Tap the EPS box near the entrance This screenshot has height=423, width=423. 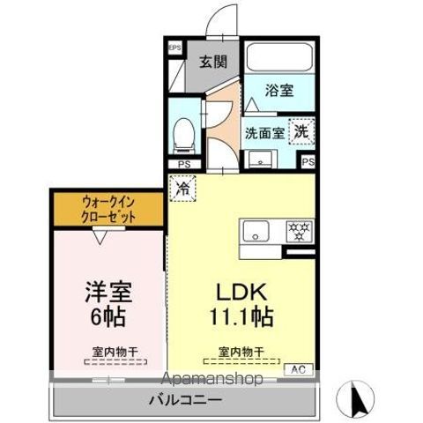pos(174,48)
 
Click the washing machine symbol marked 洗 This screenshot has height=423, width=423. pos(301,130)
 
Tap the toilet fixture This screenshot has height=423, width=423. pos(185,132)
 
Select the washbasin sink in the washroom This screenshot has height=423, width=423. pos(262,160)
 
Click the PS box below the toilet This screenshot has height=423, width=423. pos(183,164)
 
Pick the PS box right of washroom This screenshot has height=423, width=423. pos(308,163)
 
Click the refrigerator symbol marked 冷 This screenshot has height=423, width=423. pos(182,187)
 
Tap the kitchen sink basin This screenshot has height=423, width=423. pos(258,233)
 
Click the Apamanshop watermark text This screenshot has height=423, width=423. pos(211,380)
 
